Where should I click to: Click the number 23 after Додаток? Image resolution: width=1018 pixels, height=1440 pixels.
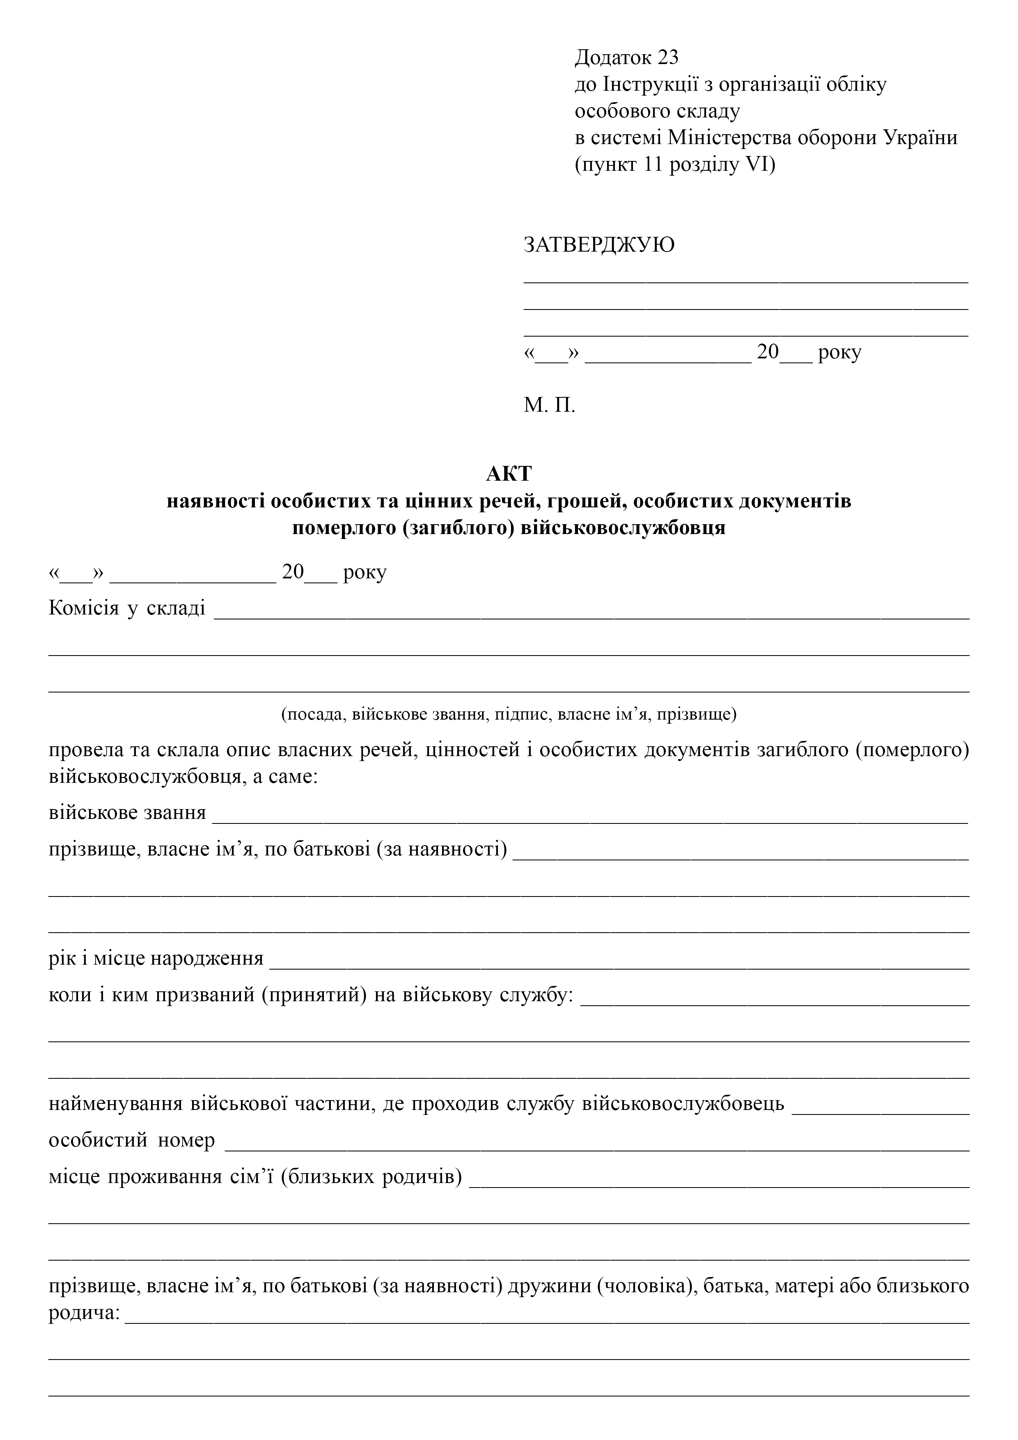[667, 58]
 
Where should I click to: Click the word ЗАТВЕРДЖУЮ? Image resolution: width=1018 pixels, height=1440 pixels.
[599, 245]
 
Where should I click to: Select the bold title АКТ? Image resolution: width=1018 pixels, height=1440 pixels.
[509, 474]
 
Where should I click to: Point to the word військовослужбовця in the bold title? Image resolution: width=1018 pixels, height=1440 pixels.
[624, 527]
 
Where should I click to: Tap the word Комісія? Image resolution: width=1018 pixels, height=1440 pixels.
[83, 608]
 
